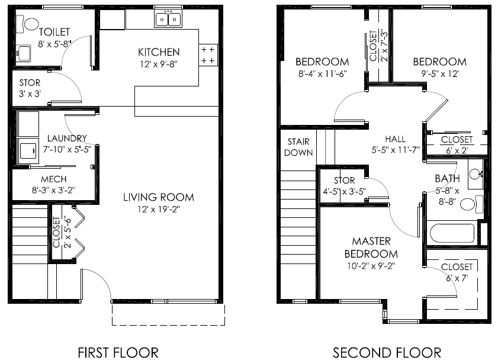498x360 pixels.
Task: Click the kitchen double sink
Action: (169, 20)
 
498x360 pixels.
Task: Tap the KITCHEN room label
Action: (158, 52)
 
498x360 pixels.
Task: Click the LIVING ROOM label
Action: (158, 197)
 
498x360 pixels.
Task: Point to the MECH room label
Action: (53, 179)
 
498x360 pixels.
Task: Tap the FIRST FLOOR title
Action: (118, 352)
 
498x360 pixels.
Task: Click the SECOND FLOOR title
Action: (387, 352)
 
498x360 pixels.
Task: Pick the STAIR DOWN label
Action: (298, 147)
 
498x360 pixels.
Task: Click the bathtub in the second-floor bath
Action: (452, 233)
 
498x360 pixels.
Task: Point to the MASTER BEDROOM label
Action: (371, 247)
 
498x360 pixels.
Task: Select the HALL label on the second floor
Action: (395, 139)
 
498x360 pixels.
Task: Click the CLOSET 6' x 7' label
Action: (457, 272)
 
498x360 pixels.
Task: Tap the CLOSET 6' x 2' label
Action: (457, 144)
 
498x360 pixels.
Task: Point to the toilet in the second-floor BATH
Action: (470, 205)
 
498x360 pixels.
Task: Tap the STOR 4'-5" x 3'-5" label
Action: (344, 186)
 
